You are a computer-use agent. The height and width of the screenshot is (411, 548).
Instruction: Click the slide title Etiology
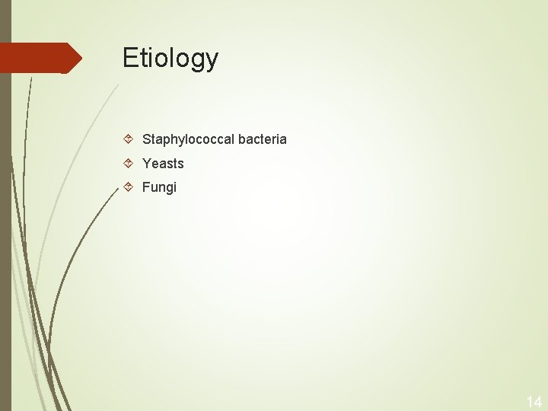tap(170, 58)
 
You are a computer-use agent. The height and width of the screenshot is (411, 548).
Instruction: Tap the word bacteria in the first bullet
tap(263, 139)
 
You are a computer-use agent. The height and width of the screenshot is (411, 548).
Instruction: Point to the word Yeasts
tap(163, 164)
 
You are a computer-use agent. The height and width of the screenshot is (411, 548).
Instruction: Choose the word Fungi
tap(159, 187)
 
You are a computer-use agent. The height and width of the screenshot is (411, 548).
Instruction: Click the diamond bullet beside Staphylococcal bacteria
tap(129, 139)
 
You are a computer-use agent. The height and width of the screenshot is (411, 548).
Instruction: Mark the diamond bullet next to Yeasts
tap(129, 163)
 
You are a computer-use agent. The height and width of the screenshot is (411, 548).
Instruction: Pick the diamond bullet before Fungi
tap(129, 186)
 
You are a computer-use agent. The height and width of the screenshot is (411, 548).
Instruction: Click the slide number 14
tap(534, 402)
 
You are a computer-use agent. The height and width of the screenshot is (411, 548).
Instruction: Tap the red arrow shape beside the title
tap(38, 58)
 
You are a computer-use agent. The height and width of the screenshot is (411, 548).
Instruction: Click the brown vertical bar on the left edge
tap(5, 228)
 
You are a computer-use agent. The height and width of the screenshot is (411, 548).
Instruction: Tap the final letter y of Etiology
tap(212, 60)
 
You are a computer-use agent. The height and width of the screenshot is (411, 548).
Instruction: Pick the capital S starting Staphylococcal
tap(147, 139)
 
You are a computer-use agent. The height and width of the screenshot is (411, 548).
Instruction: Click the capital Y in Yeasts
tap(147, 164)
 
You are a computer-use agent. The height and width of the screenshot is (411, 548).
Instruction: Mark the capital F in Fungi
tap(146, 187)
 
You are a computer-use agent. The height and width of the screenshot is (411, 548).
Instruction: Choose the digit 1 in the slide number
tap(529, 402)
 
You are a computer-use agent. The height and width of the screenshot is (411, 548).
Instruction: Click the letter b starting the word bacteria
tap(241, 139)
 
